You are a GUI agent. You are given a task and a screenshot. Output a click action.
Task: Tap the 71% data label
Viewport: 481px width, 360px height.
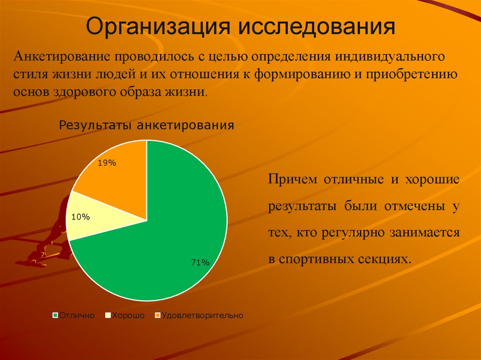(200, 263)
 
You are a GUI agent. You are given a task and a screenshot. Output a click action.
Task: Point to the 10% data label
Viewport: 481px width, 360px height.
(80, 217)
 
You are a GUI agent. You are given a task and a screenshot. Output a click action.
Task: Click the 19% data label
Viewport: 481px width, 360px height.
(107, 163)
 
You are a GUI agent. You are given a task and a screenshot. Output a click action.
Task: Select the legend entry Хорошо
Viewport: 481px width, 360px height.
(127, 315)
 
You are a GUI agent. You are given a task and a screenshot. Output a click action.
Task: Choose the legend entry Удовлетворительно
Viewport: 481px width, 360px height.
(202, 315)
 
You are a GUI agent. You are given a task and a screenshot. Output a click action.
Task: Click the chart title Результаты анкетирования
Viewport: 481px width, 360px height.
(146, 125)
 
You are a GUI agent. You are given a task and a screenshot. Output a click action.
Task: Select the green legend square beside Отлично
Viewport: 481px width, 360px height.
(55, 315)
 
